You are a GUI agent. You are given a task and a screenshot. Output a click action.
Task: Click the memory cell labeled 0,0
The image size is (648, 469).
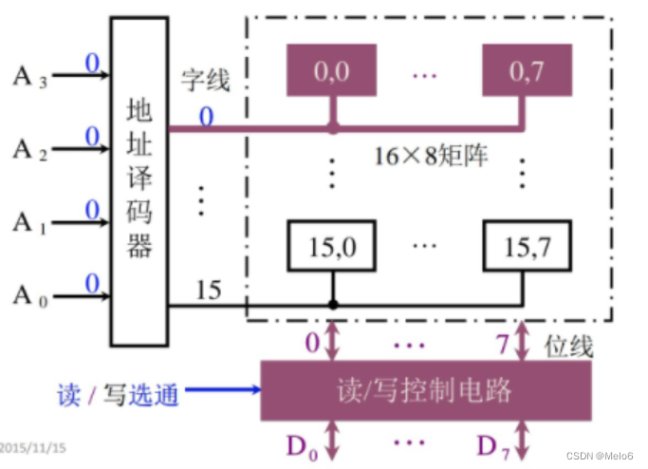pos(331,72)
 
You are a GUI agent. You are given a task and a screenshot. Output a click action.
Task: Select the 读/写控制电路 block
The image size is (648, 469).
pos(424,390)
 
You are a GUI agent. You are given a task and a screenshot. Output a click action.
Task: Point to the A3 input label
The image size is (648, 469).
pos(28,74)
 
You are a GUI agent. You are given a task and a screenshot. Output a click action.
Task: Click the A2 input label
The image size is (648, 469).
pos(28,149)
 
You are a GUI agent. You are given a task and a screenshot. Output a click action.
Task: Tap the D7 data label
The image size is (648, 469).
pos(493,444)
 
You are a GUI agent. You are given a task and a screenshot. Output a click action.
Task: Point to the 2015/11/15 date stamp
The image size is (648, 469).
pos(32,445)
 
